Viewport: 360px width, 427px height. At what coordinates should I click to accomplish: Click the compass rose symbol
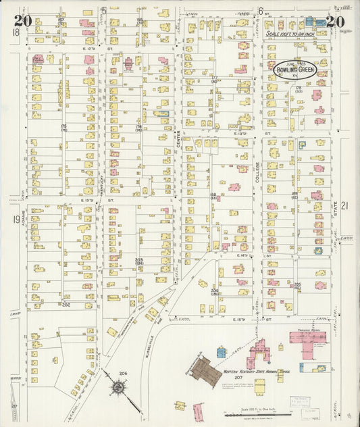pyautogui.click(x=119, y=388)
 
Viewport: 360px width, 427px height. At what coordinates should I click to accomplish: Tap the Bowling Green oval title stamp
pyautogui.click(x=295, y=68)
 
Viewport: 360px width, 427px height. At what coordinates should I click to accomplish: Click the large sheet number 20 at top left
pyautogui.click(x=22, y=21)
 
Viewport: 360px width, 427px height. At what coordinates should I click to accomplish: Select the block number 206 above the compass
pyautogui.click(x=123, y=373)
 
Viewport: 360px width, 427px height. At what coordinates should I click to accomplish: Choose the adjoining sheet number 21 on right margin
pyautogui.click(x=344, y=205)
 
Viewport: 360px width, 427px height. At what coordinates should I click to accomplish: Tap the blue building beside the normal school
pyautogui.click(x=221, y=352)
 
